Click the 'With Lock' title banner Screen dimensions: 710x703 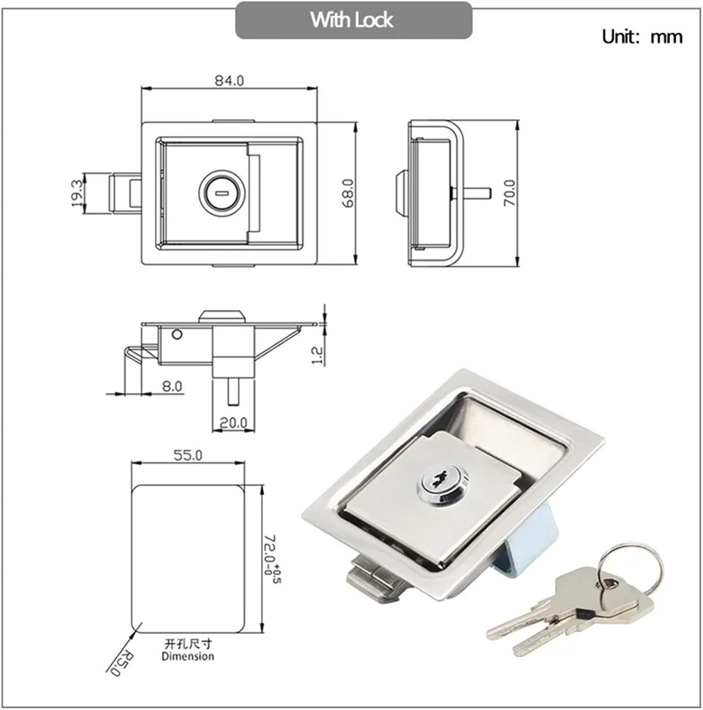pyautogui.click(x=353, y=20)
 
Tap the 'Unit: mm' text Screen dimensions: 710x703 pyautogui.click(x=642, y=36)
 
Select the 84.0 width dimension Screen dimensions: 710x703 pyautogui.click(x=229, y=80)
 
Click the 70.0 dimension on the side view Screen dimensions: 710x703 pyautogui.click(x=510, y=192)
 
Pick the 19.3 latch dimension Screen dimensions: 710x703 pyautogui.click(x=77, y=193)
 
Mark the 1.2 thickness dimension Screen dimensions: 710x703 pyautogui.click(x=318, y=355)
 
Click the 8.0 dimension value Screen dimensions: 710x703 pyautogui.click(x=172, y=386)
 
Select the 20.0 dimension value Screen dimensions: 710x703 pyautogui.click(x=234, y=422)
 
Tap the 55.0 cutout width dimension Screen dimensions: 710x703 pyautogui.click(x=188, y=455)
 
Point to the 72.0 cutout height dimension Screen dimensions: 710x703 pyautogui.click(x=271, y=559)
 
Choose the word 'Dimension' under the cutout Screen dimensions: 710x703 pyautogui.click(x=188, y=656)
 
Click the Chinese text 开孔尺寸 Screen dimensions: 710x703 pyautogui.click(x=188, y=644)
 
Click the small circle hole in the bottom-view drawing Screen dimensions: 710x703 pyautogui.click(x=177, y=335)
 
